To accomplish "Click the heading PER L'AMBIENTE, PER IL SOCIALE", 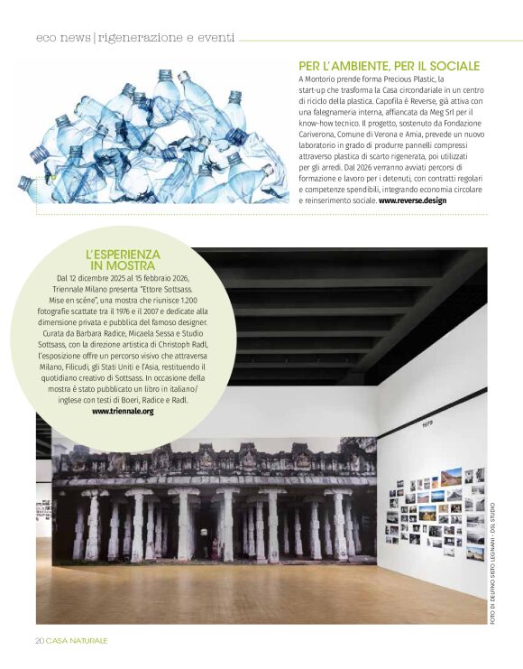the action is point(389,66).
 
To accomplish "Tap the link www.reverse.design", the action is point(412,200).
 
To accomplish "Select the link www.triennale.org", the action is point(123,411).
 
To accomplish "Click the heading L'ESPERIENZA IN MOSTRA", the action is point(123,260).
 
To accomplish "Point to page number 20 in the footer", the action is point(40,640).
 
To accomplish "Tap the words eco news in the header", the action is point(63,38).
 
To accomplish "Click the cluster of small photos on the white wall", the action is point(436,513).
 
